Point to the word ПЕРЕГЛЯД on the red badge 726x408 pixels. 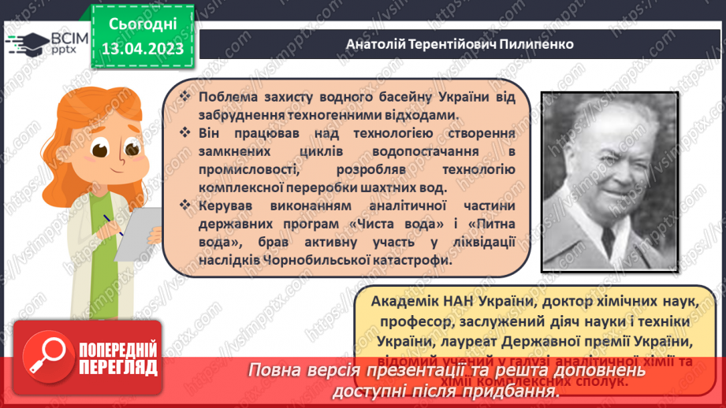pos(118,368)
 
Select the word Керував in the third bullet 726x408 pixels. pos(225,206)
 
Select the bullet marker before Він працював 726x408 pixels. pos(184,133)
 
